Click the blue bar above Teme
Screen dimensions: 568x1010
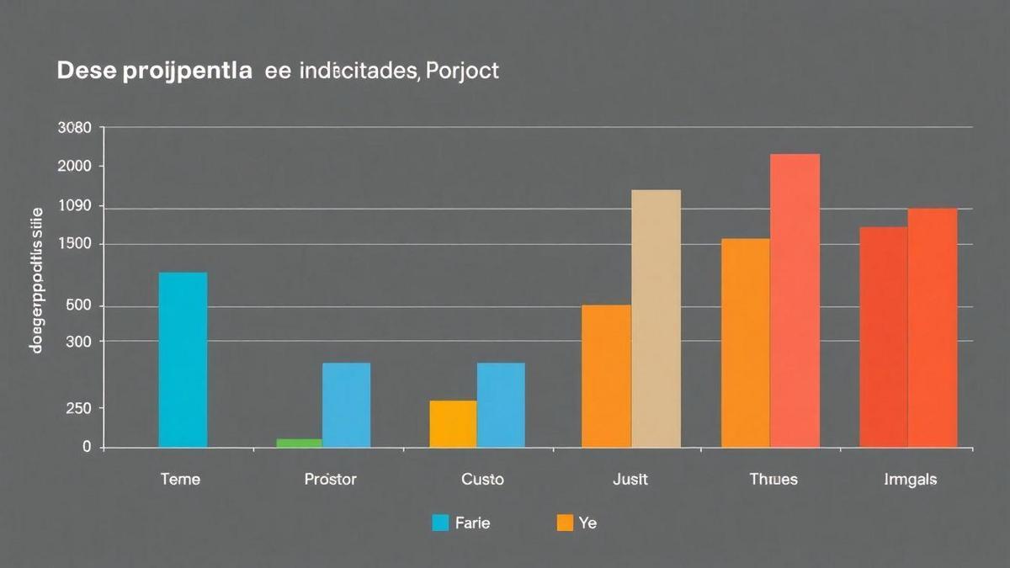coord(183,359)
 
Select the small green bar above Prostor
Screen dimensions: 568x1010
coord(299,443)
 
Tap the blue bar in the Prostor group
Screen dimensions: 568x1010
coord(346,405)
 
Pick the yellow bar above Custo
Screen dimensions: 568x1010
coord(453,423)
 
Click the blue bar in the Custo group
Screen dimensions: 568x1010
coord(501,405)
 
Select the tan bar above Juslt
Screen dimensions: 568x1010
coord(656,318)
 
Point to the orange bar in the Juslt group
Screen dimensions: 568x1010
coord(606,375)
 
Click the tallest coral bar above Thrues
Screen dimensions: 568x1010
coord(795,300)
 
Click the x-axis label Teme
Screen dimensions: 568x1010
coord(180,480)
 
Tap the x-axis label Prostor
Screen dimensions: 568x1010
coord(330,480)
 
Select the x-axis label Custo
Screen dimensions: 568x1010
coord(483,480)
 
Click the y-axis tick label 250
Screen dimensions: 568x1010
coord(78,409)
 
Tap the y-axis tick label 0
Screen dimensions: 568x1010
coord(87,448)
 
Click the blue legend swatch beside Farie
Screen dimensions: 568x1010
coord(440,523)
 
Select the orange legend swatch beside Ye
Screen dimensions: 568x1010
coord(565,523)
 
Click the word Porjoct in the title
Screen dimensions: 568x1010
coord(463,71)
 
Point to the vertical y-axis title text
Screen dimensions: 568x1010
coord(36,279)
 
